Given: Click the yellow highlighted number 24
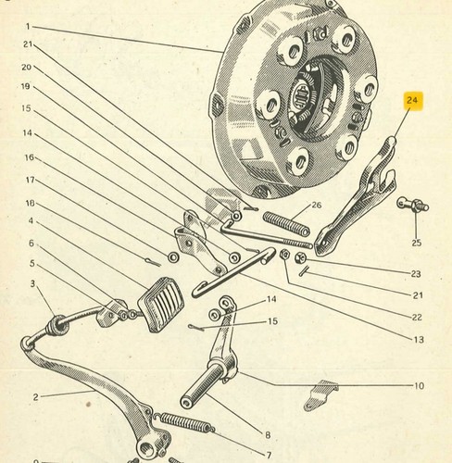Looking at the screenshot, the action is point(412,100).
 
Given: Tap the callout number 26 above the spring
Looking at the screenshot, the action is point(317,205).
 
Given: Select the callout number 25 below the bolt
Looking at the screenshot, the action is point(416,243).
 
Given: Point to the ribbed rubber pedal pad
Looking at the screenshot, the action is point(161,304).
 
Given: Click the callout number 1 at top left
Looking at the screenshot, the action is point(28,27).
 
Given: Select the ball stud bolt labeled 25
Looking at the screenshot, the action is point(413,205).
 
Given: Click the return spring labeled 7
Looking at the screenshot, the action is point(184,422).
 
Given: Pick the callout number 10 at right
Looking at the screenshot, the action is point(419,386).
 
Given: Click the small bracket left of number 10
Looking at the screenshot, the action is point(320,395).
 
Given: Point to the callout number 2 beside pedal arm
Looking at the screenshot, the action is point(36,397).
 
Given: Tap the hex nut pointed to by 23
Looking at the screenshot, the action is point(300,257).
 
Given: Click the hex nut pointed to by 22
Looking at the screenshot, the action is point(284,254).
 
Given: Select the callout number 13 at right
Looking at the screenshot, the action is point(419,340).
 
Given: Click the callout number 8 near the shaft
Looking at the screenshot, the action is point(268,435).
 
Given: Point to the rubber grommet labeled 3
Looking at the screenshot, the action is point(58,325).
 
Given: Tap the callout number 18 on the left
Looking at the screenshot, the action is point(31,203).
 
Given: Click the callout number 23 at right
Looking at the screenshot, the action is point(416,273).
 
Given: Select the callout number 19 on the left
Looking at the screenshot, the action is point(26,86).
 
